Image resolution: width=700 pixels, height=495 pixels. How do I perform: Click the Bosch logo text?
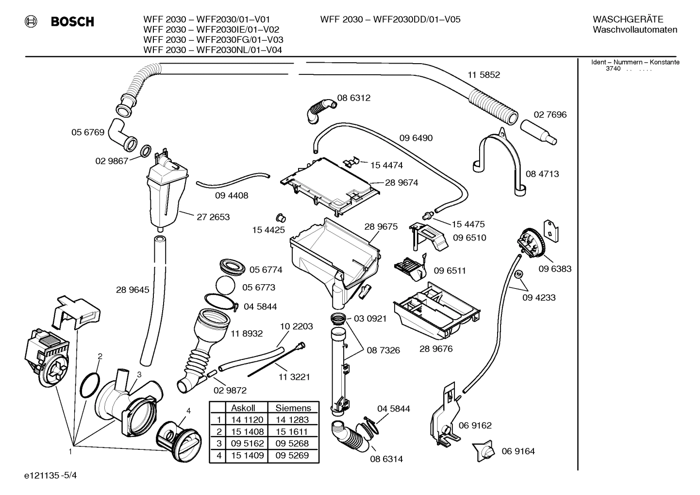tap(72, 22)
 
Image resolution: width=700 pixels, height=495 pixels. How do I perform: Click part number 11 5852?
tap(483, 75)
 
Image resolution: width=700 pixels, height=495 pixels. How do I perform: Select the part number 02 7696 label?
tap(550, 115)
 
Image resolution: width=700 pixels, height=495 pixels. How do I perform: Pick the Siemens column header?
tap(293, 408)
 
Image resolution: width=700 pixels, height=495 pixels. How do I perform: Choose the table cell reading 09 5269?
tap(293, 455)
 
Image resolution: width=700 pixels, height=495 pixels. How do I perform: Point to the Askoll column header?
tap(243, 408)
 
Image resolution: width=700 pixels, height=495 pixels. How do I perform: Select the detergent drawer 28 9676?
tap(437, 310)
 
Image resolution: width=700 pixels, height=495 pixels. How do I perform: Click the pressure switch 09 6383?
tap(531, 242)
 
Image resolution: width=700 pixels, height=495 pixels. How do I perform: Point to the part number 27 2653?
tap(213, 217)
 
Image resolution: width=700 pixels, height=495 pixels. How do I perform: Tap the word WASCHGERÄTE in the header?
tap(628, 19)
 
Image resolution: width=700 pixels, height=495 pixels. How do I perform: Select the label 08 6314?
tap(386, 459)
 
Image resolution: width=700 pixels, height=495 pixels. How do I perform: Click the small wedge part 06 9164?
tap(484, 451)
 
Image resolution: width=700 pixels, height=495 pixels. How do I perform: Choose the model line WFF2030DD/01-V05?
tap(390, 19)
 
